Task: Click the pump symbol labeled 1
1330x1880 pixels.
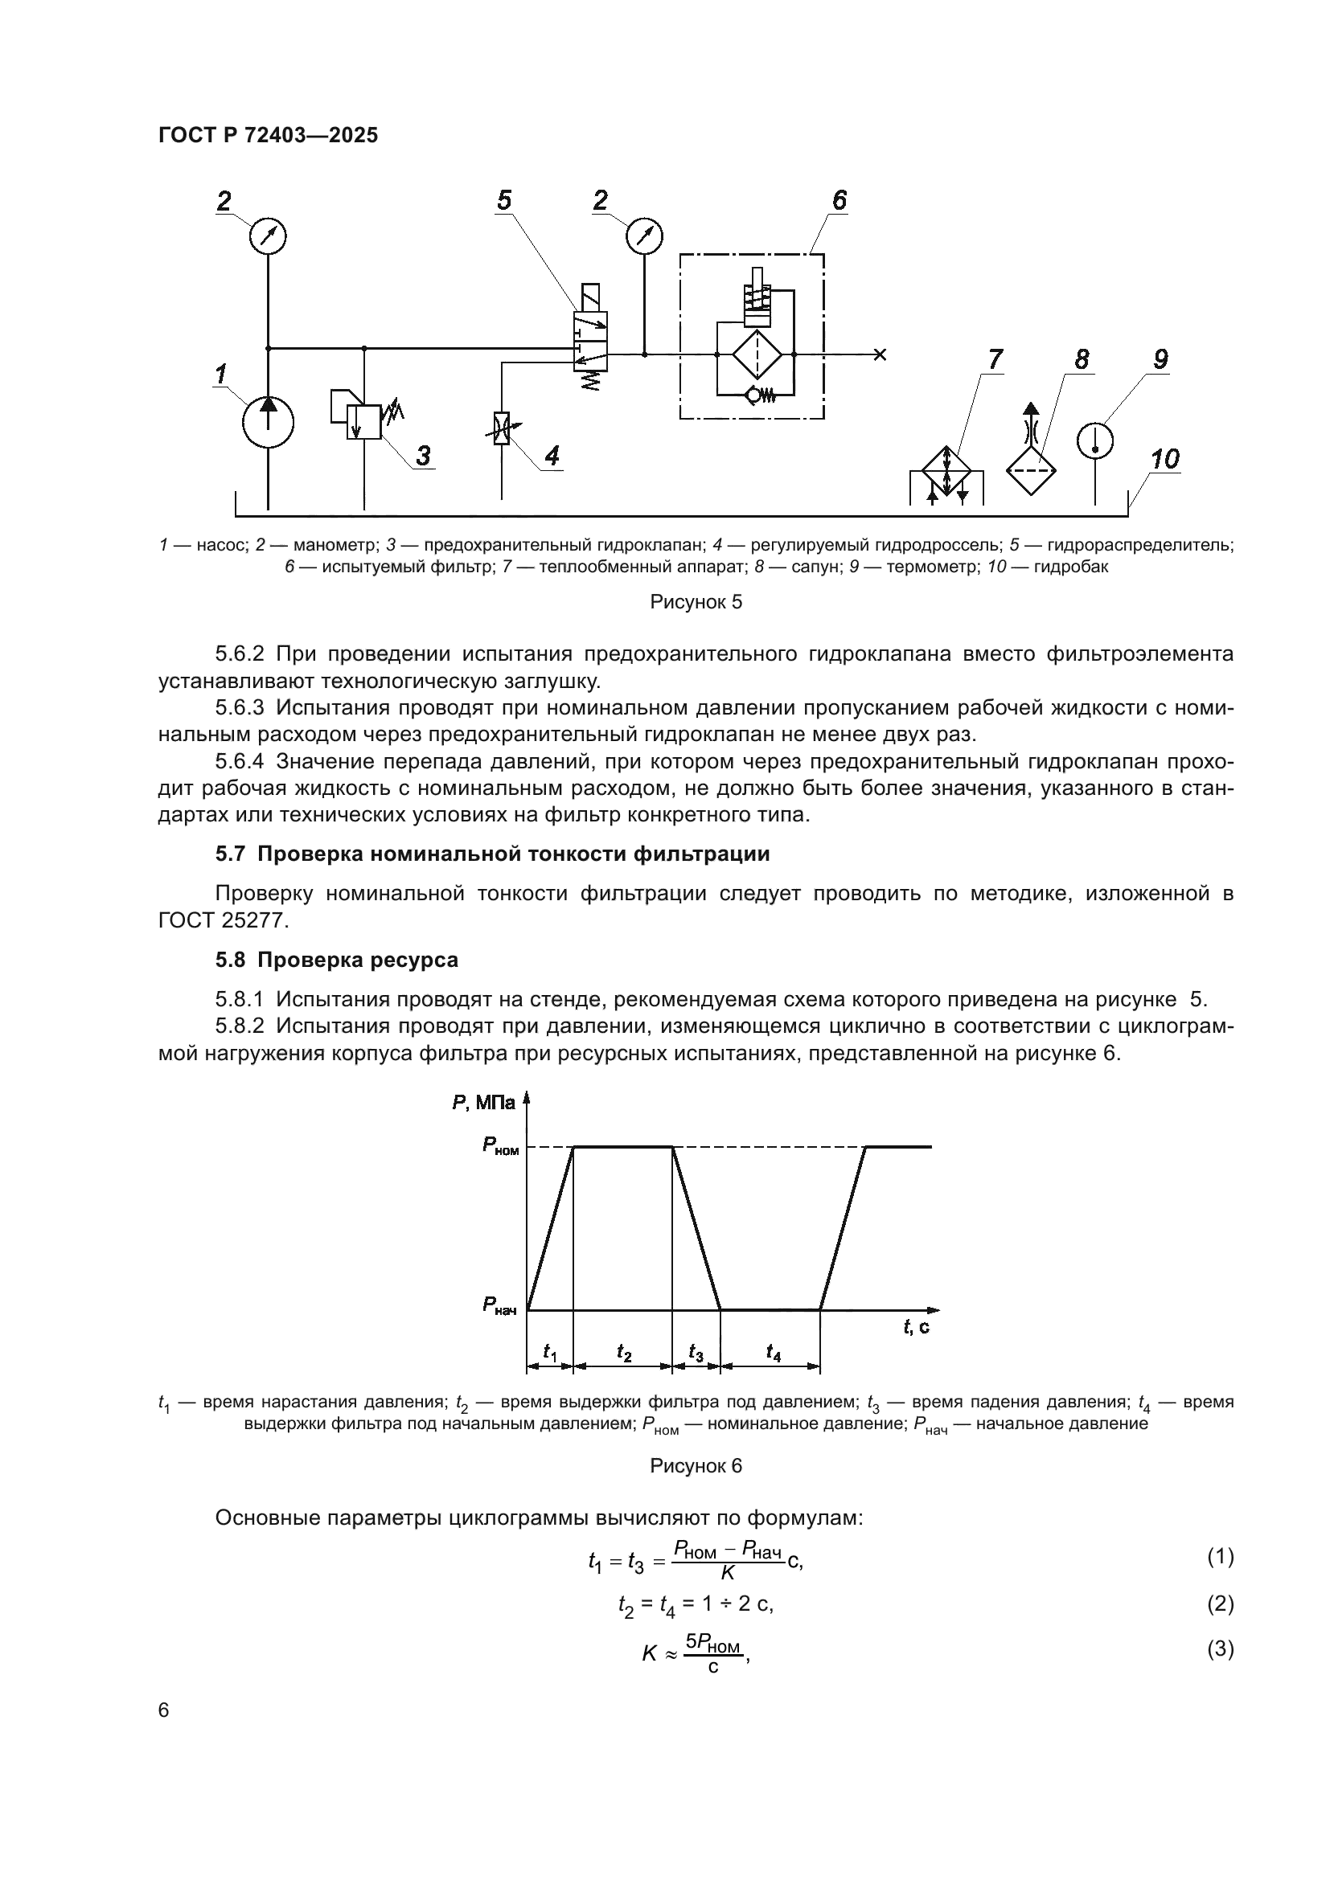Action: [268, 422]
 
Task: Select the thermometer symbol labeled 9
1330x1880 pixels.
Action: [1095, 440]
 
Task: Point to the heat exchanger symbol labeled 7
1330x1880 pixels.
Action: [946, 472]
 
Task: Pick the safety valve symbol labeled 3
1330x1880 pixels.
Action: [363, 421]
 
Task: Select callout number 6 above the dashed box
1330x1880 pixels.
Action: [839, 201]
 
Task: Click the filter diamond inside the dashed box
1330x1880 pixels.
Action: [757, 354]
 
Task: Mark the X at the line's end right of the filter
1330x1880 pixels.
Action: [880, 354]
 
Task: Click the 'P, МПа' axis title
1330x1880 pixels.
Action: [483, 1103]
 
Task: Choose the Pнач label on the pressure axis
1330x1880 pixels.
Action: [499, 1305]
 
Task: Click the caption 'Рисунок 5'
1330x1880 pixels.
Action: [696, 603]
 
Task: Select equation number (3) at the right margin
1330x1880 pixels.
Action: [1221, 1649]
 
